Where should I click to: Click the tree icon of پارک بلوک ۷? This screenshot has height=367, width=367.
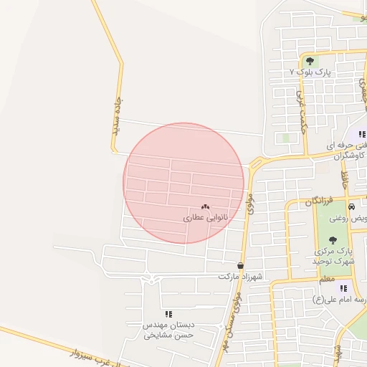click(310, 61)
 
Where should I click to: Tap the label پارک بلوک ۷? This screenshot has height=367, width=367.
click(310, 72)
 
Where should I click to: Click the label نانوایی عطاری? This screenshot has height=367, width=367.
click(206, 216)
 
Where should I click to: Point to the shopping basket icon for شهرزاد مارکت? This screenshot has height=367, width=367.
click(239, 265)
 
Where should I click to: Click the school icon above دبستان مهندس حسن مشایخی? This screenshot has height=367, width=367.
click(169, 314)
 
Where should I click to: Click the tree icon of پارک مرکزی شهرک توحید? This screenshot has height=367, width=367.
click(332, 240)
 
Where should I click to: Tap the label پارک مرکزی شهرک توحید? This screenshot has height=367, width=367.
click(334, 257)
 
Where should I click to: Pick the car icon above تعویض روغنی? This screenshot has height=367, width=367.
click(351, 206)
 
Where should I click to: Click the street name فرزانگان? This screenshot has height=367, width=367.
click(319, 202)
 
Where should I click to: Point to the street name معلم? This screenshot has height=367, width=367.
click(326, 278)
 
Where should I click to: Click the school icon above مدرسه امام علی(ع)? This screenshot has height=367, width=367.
click(343, 287)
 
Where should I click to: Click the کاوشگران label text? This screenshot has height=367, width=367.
click(346, 155)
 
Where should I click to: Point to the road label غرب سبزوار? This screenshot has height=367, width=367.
click(93, 352)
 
